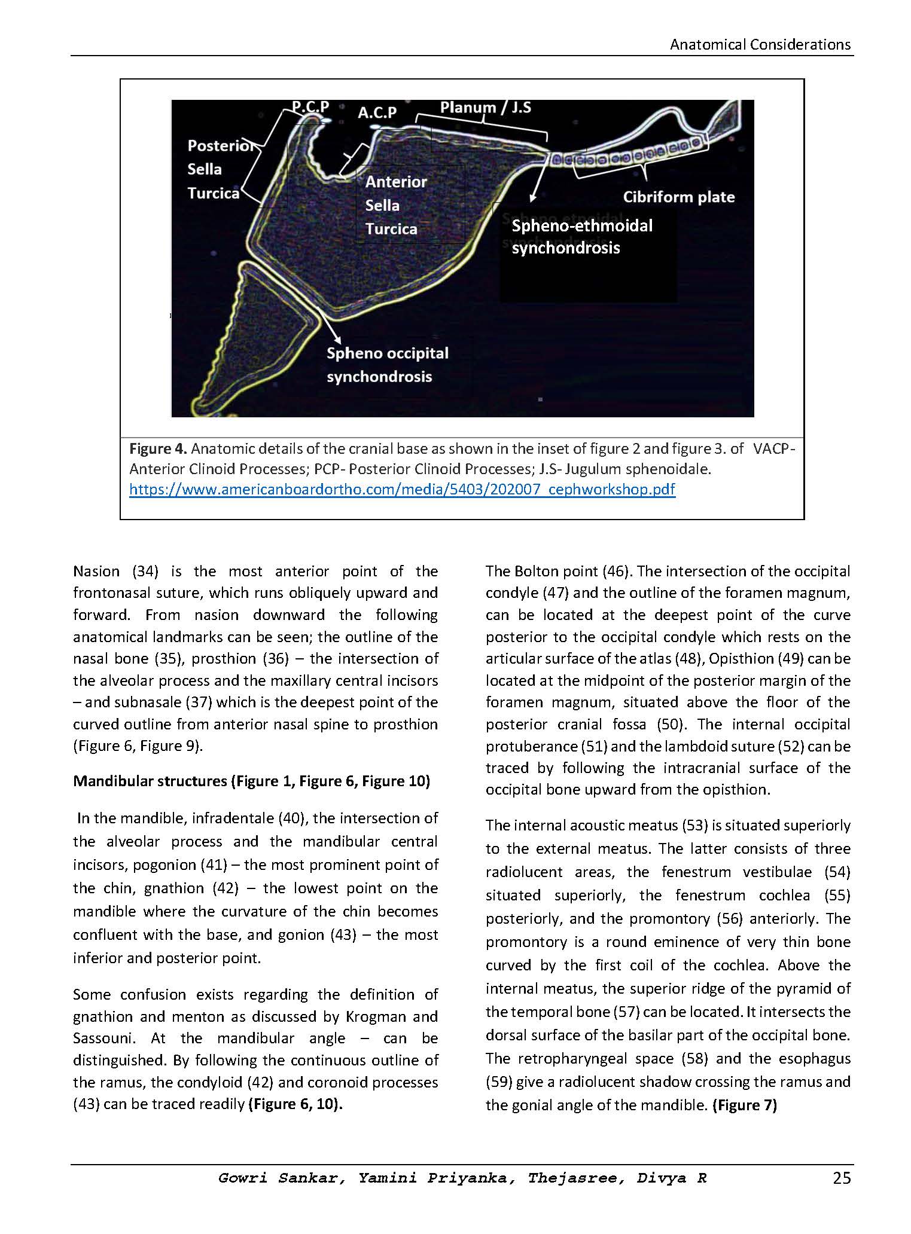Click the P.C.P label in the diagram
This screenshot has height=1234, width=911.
[310, 106]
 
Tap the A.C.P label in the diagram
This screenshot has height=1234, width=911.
[377, 112]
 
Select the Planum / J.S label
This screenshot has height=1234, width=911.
[485, 108]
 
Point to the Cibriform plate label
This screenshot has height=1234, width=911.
[678, 197]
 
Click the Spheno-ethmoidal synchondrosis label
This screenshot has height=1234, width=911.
[581, 237]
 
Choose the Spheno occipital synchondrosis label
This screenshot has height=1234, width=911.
[387, 365]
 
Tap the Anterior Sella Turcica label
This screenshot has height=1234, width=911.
[396, 205]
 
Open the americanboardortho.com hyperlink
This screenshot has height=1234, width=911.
[402, 490]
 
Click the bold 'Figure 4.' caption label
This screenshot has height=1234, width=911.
[159, 448]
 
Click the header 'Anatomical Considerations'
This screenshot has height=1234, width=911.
[760, 44]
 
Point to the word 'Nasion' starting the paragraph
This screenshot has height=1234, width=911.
[96, 571]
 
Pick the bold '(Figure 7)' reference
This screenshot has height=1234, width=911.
[744, 1105]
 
